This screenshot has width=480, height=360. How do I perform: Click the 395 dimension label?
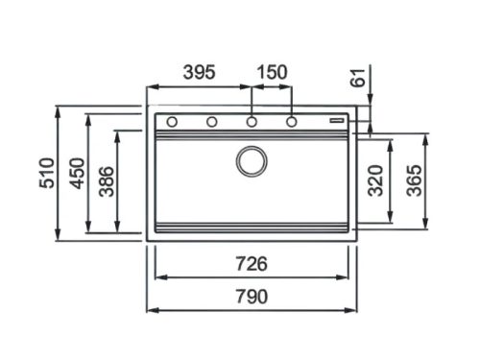click(x=199, y=72)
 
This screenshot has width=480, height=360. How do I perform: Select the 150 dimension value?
click(x=273, y=72)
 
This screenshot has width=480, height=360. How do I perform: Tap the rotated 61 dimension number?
click(x=358, y=78)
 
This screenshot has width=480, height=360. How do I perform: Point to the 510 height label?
click(x=47, y=173)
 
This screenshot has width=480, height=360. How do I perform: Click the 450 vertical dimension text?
click(x=78, y=173)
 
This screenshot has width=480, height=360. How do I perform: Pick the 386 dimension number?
click(x=107, y=181)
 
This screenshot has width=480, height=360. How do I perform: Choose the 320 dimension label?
click(x=375, y=180)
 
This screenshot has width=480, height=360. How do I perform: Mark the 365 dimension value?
click(x=414, y=180)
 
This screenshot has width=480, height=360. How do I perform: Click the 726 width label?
click(x=252, y=264)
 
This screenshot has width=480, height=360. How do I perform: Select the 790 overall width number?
click(x=252, y=297)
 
